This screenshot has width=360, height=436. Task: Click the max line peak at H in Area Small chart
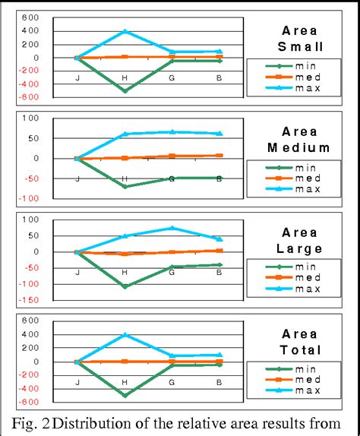[125, 31]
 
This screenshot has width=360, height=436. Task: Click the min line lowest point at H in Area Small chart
[125, 90]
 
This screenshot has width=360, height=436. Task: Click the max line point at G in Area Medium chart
[172, 131]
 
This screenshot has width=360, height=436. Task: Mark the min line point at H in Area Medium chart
[125, 186]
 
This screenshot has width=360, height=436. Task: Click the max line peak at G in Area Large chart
[172, 228]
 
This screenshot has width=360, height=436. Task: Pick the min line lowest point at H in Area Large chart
[125, 286]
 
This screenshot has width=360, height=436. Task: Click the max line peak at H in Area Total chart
[125, 335]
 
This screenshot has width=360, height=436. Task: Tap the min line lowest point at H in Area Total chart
[125, 395]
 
